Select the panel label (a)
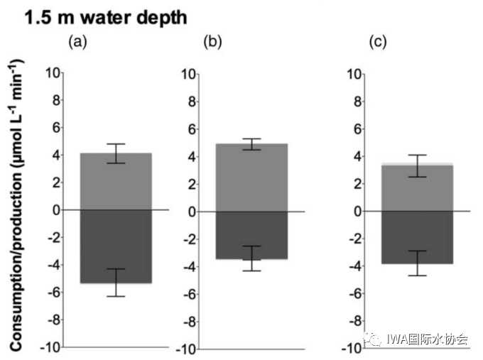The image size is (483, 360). [77, 42]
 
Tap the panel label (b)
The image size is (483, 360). [212, 42]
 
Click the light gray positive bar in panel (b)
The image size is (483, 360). [251, 178]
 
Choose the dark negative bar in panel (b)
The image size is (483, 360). [251, 235]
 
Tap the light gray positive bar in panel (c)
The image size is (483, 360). [417, 188]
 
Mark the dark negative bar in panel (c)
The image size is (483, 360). [417, 237]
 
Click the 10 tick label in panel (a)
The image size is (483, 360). [52, 72]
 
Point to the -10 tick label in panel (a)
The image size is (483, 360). [50, 349]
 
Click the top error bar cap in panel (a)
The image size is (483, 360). [115, 144]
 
